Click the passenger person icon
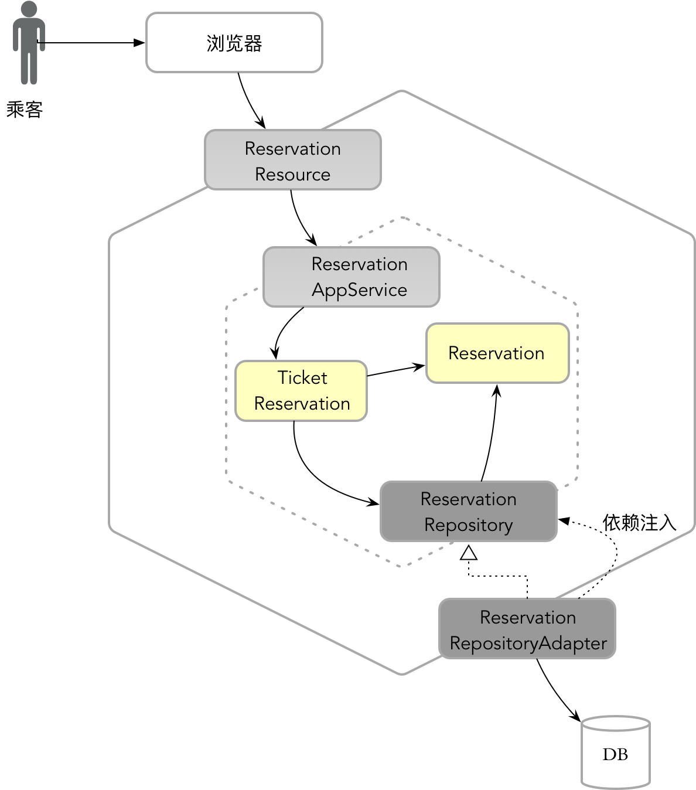[29, 44]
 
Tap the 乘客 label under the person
[25, 110]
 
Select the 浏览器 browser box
[234, 43]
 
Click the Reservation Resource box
[292, 160]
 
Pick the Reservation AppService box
[351, 277]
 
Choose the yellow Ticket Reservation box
[301, 391]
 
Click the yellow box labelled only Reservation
[497, 353]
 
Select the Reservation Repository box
[468, 512]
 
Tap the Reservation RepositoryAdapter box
[527, 629]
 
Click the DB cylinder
[615, 753]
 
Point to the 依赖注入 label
[639, 522]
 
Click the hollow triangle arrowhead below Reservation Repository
[469, 553]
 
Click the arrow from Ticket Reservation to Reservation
[396, 370]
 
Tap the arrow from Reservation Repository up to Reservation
[491, 434]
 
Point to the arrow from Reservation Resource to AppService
[300, 220]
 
